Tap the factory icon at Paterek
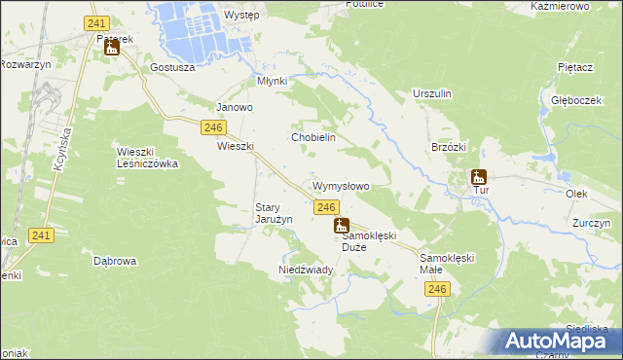click(111, 47)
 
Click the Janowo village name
click(235, 107)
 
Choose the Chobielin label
click(313, 137)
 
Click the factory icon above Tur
click(478, 177)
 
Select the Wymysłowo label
click(340, 185)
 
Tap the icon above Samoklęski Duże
click(342, 226)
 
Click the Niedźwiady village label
click(307, 269)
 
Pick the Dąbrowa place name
click(115, 261)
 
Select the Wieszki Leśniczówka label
click(147, 158)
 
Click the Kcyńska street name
click(59, 148)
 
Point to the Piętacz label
click(575, 67)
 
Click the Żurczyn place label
click(591, 223)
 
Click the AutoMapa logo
click(558, 342)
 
